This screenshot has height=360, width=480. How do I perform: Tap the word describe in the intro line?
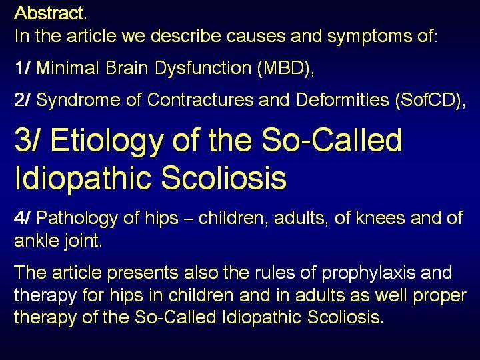pos(186,36)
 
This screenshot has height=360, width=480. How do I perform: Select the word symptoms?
pos(369,37)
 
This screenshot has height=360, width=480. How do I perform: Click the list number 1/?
pos(23,67)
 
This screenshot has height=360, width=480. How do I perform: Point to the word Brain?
pos(127,67)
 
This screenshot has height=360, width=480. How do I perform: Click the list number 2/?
pos(23,100)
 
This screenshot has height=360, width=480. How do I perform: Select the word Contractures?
pos(200,100)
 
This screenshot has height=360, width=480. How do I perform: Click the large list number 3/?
pos(27,140)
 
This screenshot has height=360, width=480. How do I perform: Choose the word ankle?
pos(37,240)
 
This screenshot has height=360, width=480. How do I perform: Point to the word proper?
pos(440,296)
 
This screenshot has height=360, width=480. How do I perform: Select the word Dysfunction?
pos(203,68)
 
